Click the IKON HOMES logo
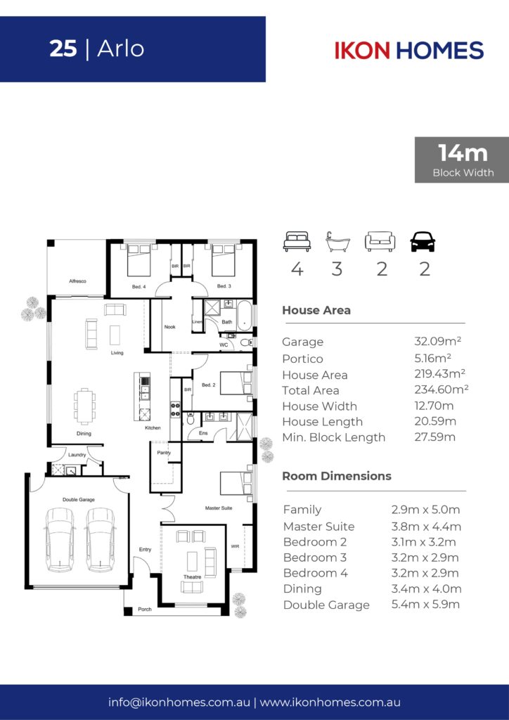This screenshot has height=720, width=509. (409, 50)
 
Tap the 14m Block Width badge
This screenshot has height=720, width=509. (462, 160)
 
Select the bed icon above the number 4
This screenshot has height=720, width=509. (297, 242)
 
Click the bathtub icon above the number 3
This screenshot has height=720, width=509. (337, 242)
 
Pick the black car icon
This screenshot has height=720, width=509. (423, 242)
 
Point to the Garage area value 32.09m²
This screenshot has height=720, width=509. (437, 341)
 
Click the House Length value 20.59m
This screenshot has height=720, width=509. (435, 421)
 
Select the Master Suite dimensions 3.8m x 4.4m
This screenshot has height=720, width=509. (426, 526)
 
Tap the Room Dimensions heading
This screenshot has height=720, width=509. (337, 476)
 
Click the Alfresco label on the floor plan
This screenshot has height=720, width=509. (77, 281)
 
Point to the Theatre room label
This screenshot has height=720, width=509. (193, 577)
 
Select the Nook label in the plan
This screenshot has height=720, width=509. (170, 327)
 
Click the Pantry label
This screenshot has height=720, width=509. (164, 452)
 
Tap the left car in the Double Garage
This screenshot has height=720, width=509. (60, 539)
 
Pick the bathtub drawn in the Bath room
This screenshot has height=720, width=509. (245, 316)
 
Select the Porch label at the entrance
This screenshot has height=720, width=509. (145, 610)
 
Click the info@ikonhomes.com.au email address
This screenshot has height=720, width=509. (179, 702)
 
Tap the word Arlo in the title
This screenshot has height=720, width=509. (121, 49)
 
